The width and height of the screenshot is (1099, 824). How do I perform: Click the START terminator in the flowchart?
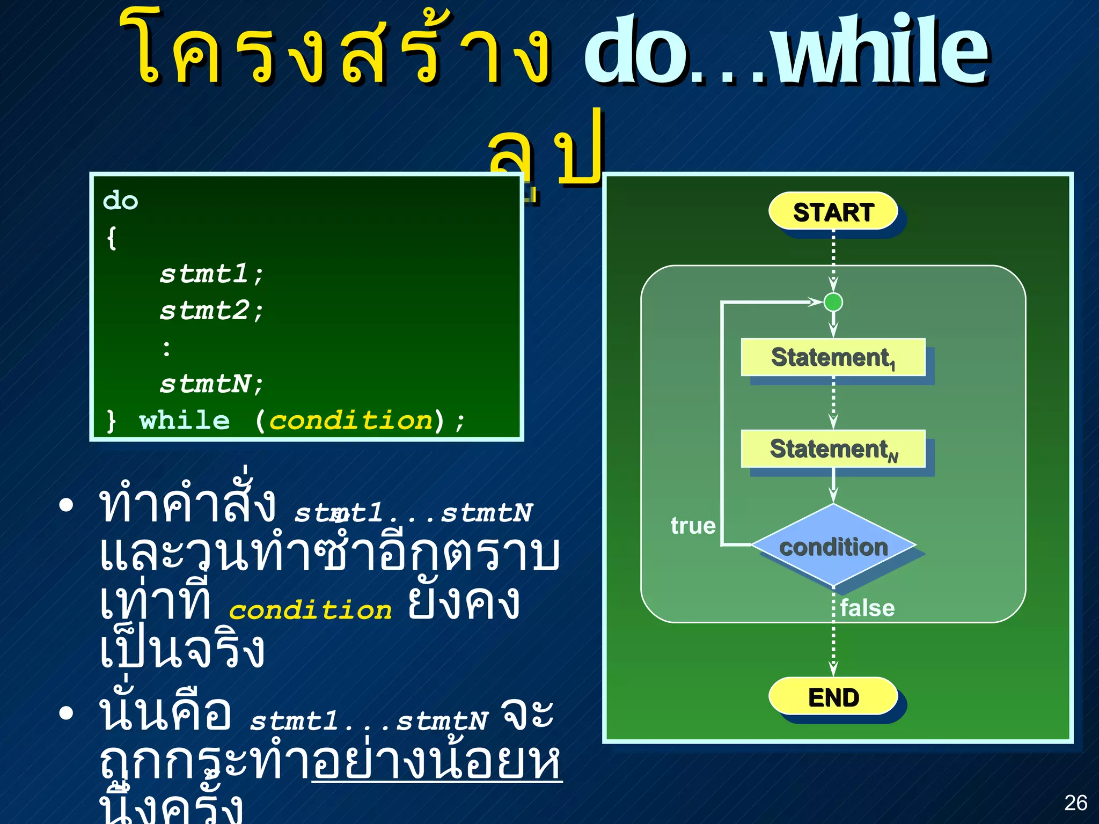click(x=833, y=211)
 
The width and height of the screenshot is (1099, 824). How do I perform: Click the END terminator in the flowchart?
click(x=833, y=697)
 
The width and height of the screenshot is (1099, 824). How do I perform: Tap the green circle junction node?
click(x=833, y=302)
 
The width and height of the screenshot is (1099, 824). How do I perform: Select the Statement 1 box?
click(x=833, y=357)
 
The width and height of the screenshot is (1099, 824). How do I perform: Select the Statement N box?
click(x=833, y=448)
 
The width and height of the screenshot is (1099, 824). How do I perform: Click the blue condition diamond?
click(x=833, y=546)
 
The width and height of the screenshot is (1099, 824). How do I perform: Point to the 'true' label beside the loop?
click(x=693, y=526)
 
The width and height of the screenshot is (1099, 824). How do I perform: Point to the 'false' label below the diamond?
click(x=867, y=608)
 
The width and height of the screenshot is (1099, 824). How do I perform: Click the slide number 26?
click(x=1075, y=803)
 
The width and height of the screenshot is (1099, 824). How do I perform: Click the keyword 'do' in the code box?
click(x=121, y=201)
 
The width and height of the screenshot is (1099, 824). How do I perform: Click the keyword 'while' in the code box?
click(x=184, y=420)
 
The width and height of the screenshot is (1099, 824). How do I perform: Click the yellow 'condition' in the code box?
click(x=350, y=420)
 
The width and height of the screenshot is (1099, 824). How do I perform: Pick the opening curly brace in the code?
click(x=112, y=238)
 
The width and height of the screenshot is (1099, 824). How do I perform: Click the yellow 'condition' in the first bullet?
click(x=310, y=610)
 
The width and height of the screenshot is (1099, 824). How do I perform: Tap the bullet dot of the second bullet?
click(x=66, y=713)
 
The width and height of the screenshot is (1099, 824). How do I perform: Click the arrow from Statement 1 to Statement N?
click(x=833, y=402)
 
